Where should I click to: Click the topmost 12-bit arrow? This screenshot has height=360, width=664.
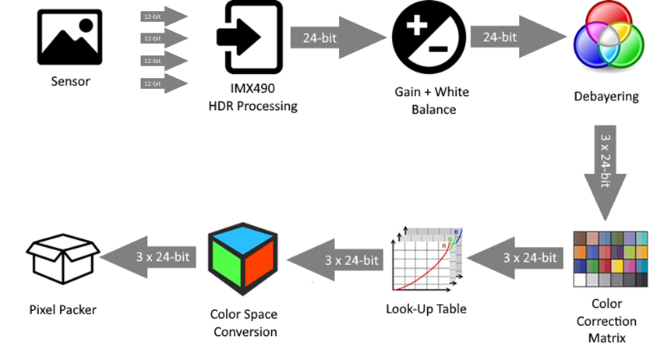point(164,16)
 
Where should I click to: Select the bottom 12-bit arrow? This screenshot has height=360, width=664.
point(164,83)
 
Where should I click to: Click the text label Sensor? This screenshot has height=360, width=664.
point(71,81)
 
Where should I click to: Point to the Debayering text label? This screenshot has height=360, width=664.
point(606,97)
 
